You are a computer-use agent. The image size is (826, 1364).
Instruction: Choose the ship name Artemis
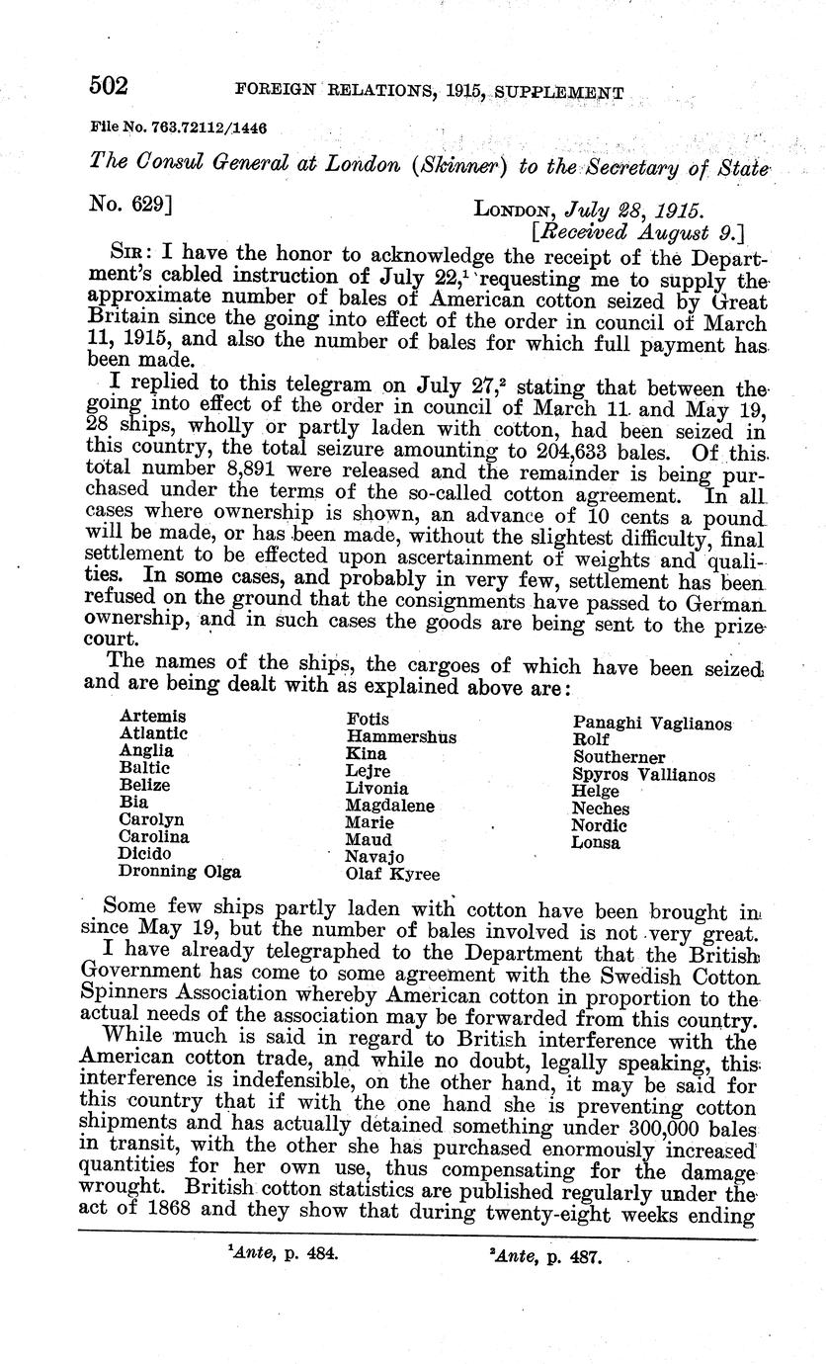[x=152, y=716]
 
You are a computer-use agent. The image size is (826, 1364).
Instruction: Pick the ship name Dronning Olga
[x=180, y=872]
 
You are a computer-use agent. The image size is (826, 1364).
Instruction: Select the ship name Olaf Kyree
[x=392, y=874]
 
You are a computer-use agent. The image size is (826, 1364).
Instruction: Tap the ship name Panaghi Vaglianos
[x=652, y=724]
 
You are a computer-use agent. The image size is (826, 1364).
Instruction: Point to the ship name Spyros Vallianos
[x=643, y=775]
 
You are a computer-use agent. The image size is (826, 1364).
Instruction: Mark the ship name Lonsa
[x=596, y=843]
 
